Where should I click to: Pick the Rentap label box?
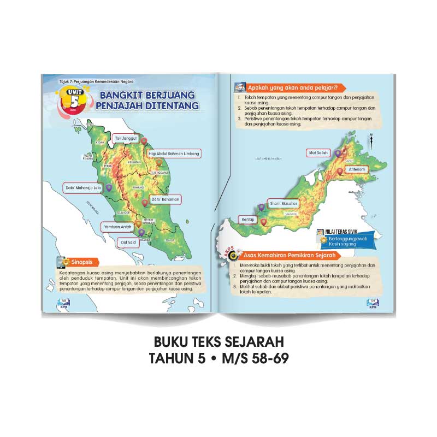pyautogui.click(x=249, y=220)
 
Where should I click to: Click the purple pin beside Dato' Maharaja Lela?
pyautogui.click(x=109, y=187)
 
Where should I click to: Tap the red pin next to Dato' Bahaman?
pyautogui.click(x=144, y=203)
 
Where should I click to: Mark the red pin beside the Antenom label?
pyautogui.click(x=340, y=171)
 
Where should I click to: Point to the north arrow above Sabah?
pyautogui.click(x=370, y=139)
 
